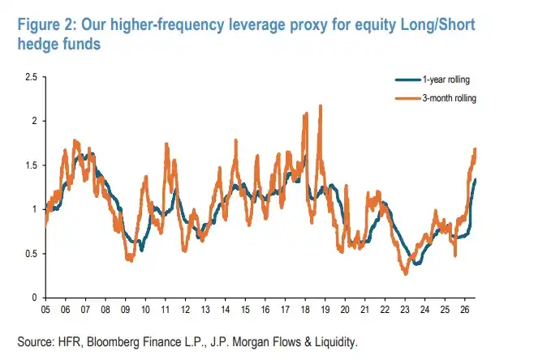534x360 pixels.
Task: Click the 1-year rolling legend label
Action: click(x=446, y=79)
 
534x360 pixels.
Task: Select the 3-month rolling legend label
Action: click(x=450, y=98)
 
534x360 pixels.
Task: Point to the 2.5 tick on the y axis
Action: click(x=32, y=77)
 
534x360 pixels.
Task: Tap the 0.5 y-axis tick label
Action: click(x=32, y=254)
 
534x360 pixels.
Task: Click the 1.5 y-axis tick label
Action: click(x=32, y=165)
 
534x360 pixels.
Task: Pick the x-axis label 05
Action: click(x=45, y=309)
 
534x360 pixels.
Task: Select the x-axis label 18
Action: click(x=305, y=309)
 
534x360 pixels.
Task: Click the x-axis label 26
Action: click(x=465, y=309)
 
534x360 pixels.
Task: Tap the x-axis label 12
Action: click(x=185, y=309)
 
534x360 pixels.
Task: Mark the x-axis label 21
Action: click(x=364, y=309)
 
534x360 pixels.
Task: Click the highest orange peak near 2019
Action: click(x=320, y=106)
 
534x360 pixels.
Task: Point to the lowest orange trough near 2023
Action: click(x=405, y=273)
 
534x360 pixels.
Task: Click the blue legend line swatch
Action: click(x=408, y=80)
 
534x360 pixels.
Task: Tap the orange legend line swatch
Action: click(x=408, y=99)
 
